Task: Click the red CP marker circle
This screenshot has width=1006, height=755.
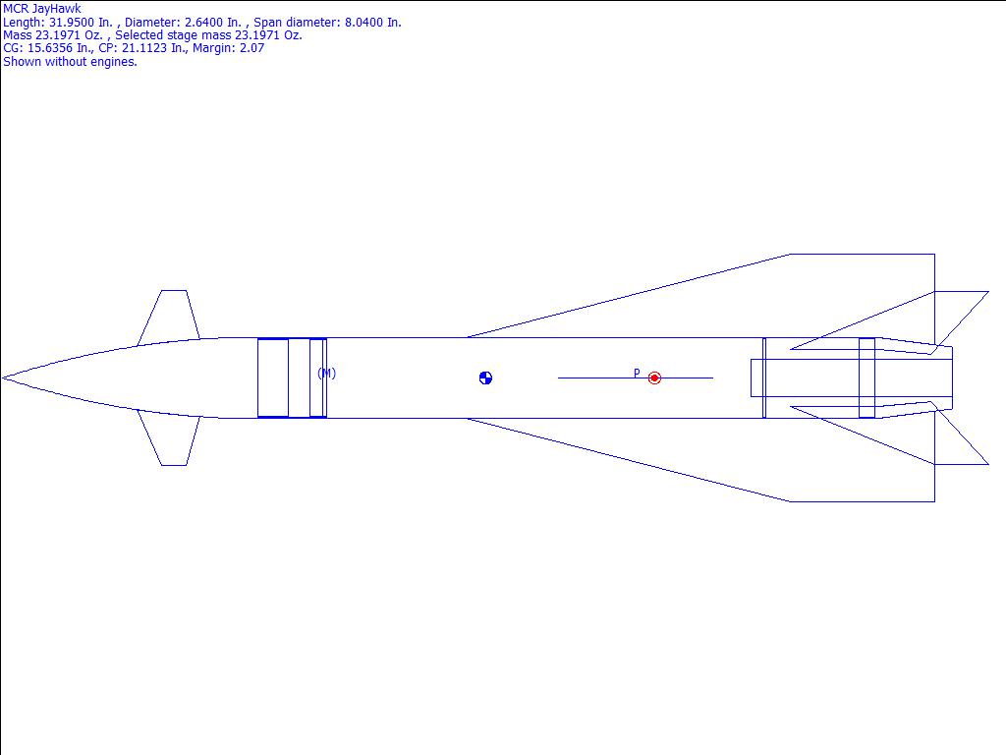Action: [654, 378]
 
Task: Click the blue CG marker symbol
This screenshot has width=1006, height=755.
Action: [485, 378]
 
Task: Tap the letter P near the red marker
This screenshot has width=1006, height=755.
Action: [637, 373]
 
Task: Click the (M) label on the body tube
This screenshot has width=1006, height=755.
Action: [326, 373]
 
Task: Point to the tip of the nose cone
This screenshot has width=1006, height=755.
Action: [3, 378]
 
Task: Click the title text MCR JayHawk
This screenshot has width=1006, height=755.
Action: [42, 9]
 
